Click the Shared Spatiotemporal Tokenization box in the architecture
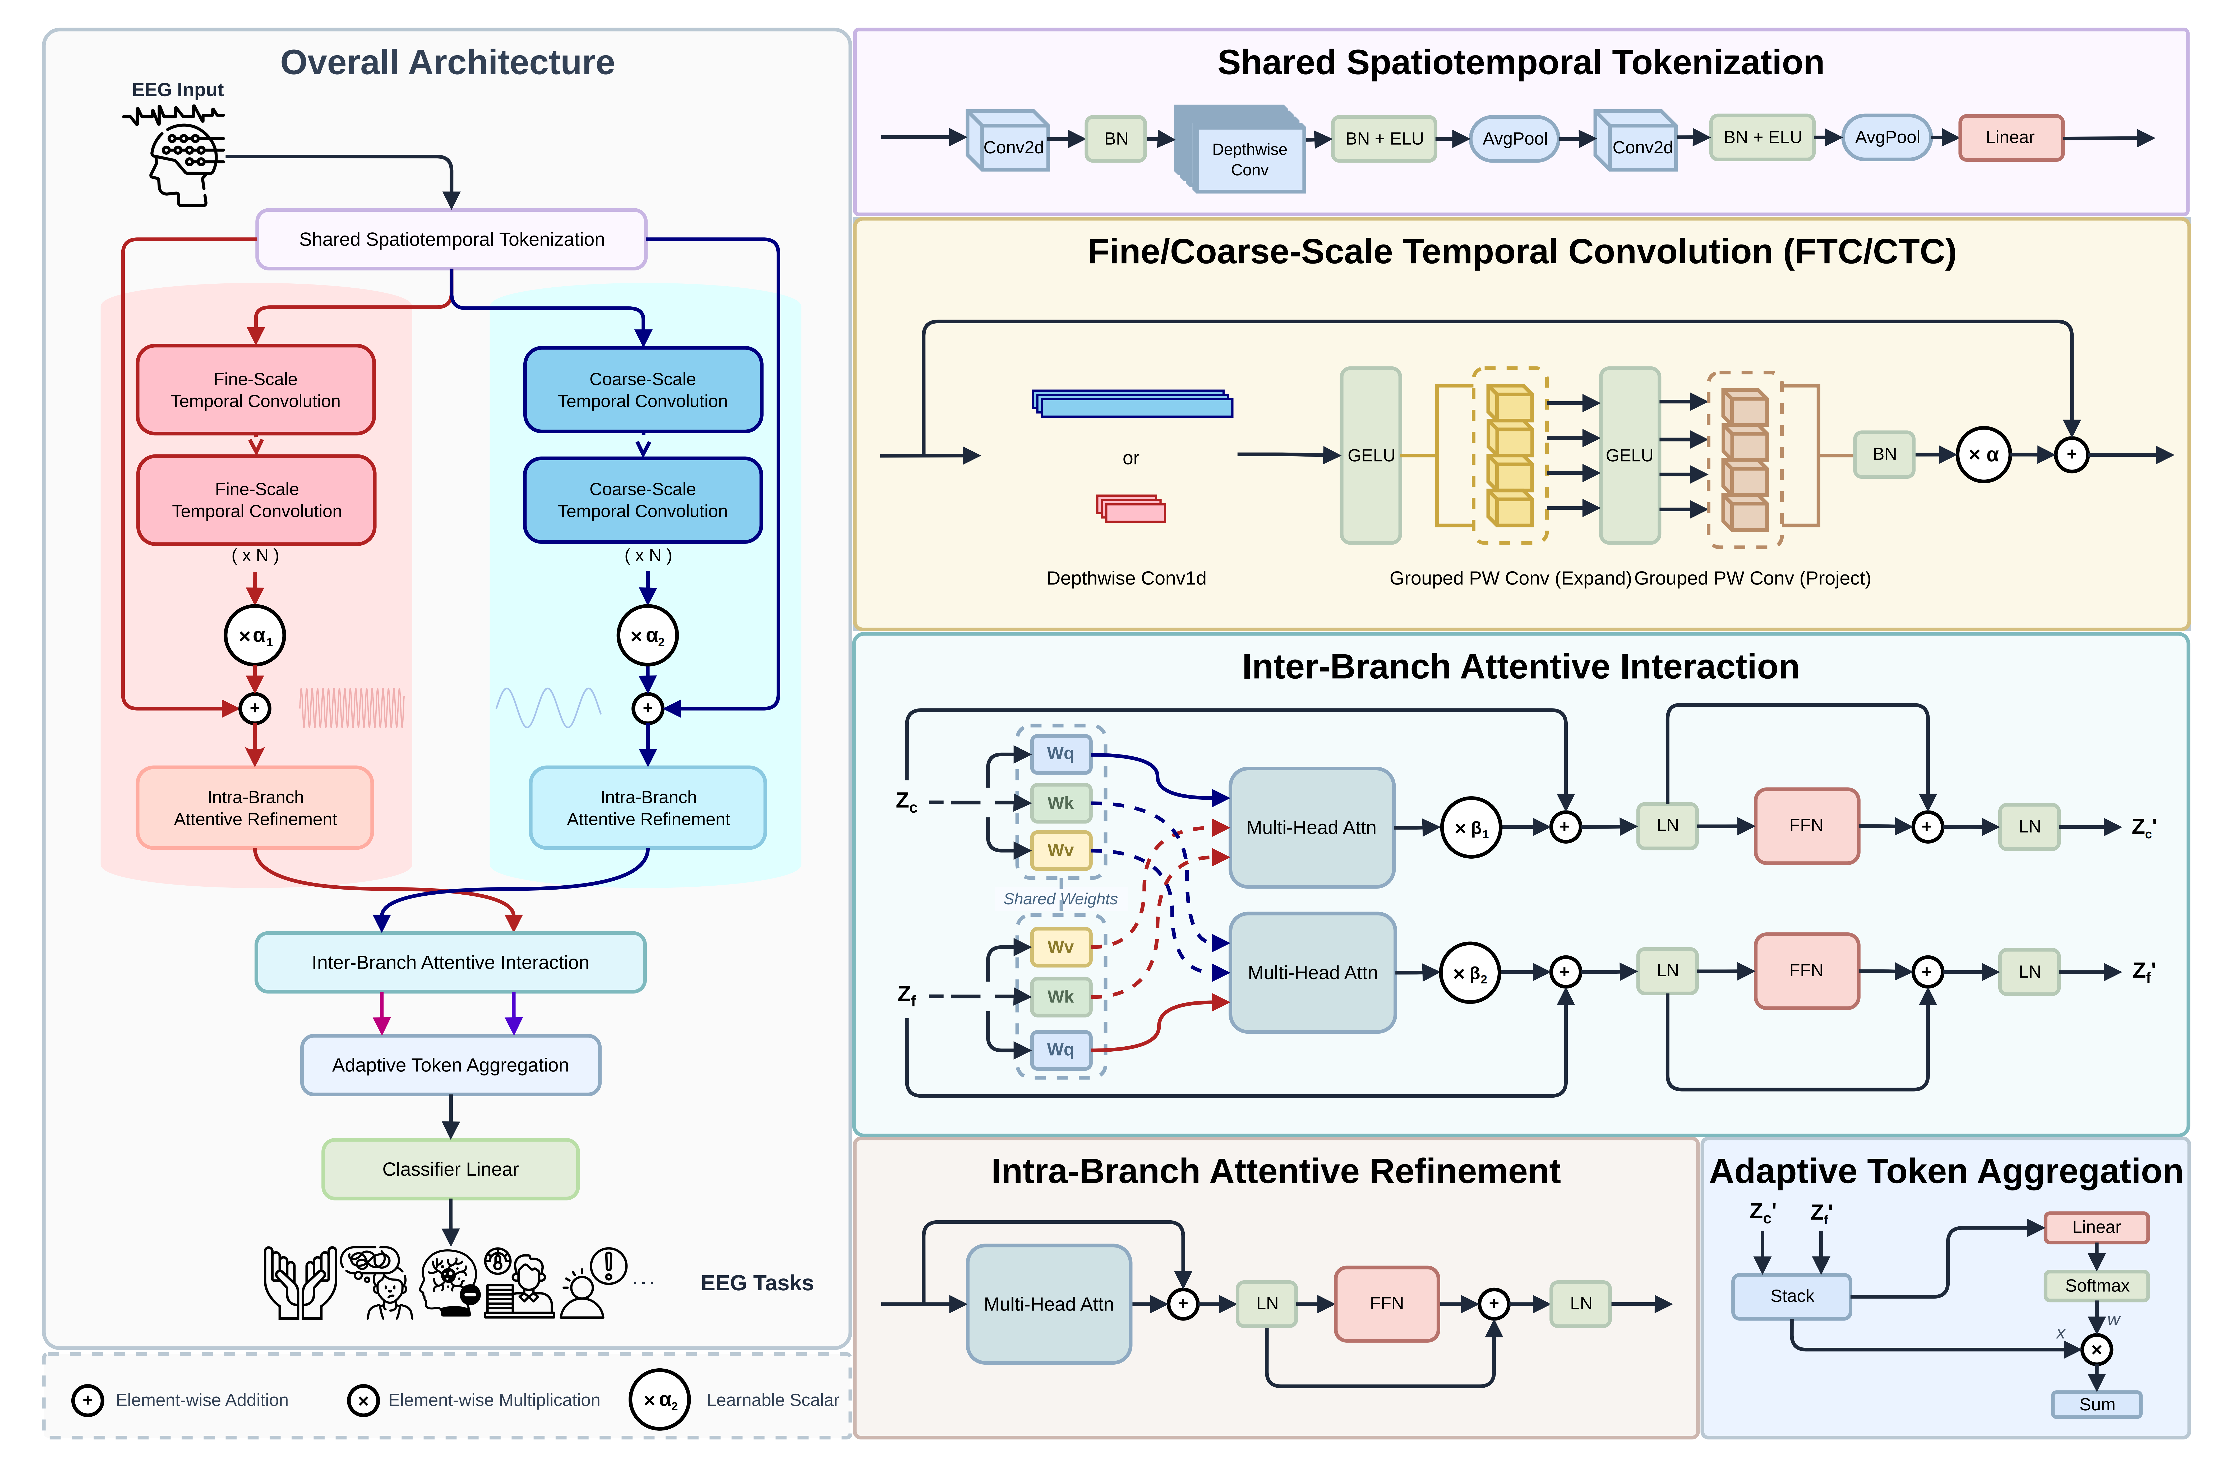pyautogui.click(x=451, y=239)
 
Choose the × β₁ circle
pyautogui.click(x=1470, y=828)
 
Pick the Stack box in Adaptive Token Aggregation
pyautogui.click(x=1791, y=1296)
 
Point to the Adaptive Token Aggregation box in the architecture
pyautogui.click(x=450, y=1065)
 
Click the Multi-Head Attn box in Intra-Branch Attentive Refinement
pyautogui.click(x=1049, y=1304)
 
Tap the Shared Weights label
pyautogui.click(x=1060, y=898)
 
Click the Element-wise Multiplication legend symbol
pyautogui.click(x=363, y=1400)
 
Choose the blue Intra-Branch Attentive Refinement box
pyautogui.click(x=648, y=808)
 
